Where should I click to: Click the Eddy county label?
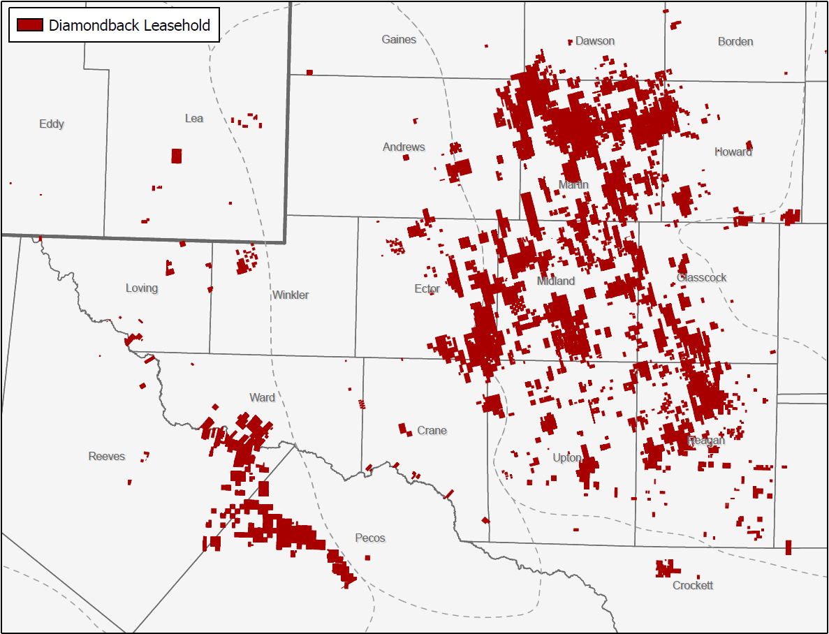[52, 124]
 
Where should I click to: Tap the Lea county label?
[193, 119]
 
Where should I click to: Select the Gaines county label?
[399, 40]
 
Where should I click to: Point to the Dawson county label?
[595, 41]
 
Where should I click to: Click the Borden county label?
[735, 42]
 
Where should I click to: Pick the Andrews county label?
[404, 147]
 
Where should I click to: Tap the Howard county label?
[733, 152]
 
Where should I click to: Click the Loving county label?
[142, 288]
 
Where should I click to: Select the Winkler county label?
[291, 295]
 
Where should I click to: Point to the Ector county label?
[427, 289]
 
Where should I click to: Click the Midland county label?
[556, 281]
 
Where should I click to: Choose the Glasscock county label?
[702, 278]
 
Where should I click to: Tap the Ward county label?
[262, 398]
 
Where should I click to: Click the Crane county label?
[432, 431]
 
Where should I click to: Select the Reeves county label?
[107, 457]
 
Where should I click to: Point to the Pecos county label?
[370, 538]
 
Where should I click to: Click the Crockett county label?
[693, 586]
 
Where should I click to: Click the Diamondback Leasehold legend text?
[129, 26]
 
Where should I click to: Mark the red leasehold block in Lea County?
[177, 156]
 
